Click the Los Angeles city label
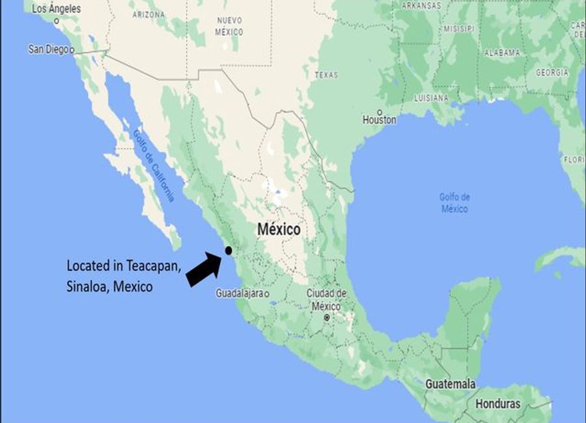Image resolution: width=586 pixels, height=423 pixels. (56, 9)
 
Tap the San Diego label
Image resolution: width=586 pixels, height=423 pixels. (48, 49)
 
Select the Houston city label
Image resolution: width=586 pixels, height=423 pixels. (380, 120)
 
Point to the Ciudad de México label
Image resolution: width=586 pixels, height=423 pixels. (326, 300)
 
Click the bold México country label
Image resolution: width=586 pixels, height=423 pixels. (279, 229)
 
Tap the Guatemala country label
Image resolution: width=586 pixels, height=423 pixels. (450, 384)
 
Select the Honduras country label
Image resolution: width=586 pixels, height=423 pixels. (498, 404)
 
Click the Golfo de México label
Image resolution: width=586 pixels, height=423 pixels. (454, 202)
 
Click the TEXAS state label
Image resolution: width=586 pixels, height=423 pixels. (326, 75)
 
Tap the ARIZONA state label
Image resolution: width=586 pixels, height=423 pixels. (148, 14)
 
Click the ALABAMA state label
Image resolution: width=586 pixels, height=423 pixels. (501, 53)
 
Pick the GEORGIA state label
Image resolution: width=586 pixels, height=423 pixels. (552, 73)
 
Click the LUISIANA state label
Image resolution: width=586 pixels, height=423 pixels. (431, 98)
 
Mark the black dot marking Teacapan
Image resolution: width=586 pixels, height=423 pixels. (228, 251)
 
